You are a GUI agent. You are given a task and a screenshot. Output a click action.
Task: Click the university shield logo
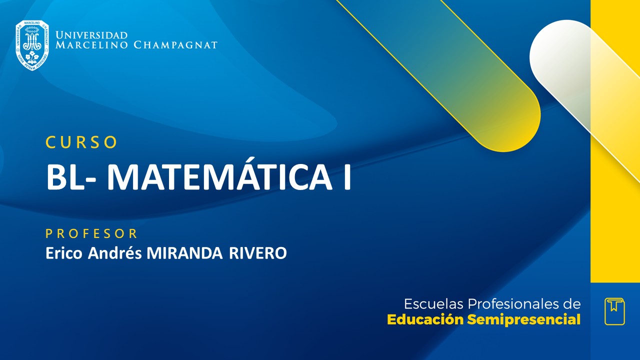(32, 45)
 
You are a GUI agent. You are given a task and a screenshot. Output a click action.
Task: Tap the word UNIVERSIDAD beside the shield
(91, 35)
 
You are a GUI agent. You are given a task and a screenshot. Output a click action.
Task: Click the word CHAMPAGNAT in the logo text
(175, 45)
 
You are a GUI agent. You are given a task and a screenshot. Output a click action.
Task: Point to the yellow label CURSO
(81, 142)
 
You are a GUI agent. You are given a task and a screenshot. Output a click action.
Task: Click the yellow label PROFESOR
(91, 233)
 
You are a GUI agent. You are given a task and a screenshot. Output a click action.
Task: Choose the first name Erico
(65, 253)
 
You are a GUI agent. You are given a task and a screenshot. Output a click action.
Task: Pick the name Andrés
(115, 253)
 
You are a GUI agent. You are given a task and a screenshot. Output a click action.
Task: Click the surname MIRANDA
(184, 253)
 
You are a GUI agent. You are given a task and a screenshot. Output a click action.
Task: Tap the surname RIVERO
(258, 253)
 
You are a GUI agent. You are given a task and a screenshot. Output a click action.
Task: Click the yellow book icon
(614, 311)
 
